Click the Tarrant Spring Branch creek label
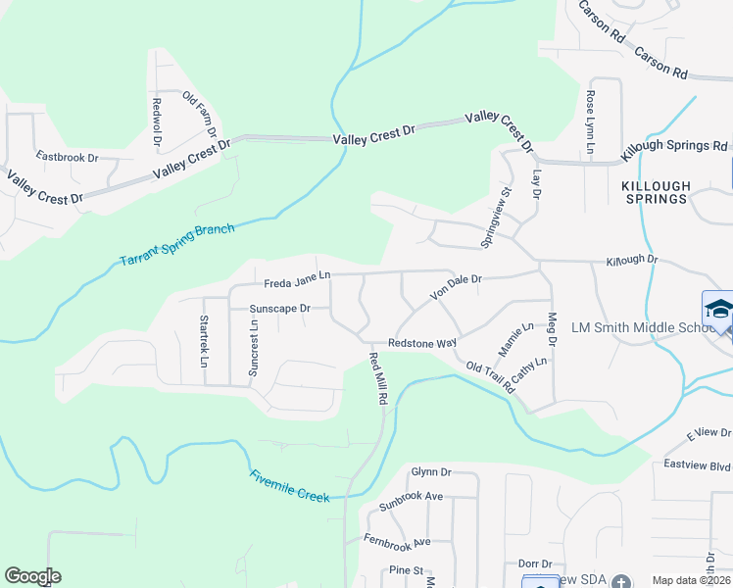(177, 245)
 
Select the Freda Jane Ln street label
(298, 283)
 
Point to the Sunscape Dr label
(279, 308)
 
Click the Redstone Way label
(422, 343)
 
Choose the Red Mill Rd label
(377, 380)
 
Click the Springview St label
(497, 218)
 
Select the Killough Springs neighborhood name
(657, 192)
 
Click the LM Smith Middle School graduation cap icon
(718, 307)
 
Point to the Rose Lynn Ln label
(590, 123)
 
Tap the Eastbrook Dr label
(68, 157)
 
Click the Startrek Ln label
(204, 342)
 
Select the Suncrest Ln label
(254, 349)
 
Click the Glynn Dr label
(430, 471)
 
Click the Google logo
(32, 576)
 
